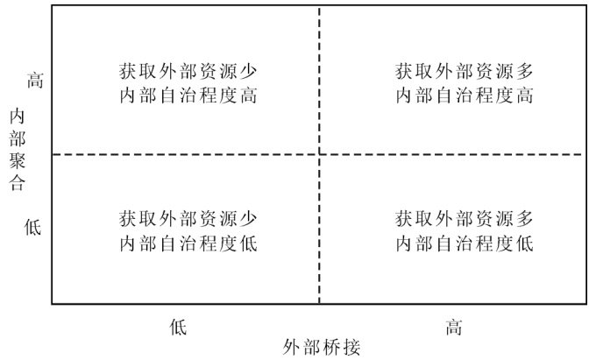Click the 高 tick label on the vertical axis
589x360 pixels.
pos(35,81)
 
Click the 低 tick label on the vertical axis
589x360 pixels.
pos(33,227)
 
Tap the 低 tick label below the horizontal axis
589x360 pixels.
pos(178,327)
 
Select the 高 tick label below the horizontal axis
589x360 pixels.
pos(453,327)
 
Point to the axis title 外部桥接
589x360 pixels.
pos(322,347)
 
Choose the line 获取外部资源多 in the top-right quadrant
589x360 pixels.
pos(465,70)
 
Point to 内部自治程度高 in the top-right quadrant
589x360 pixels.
pos(465,95)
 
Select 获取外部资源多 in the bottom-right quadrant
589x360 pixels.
pos(465,217)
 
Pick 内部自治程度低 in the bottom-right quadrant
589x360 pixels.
pos(465,243)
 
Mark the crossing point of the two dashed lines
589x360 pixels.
pos(319,155)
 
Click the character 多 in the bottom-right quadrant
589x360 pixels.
pos(524,217)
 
